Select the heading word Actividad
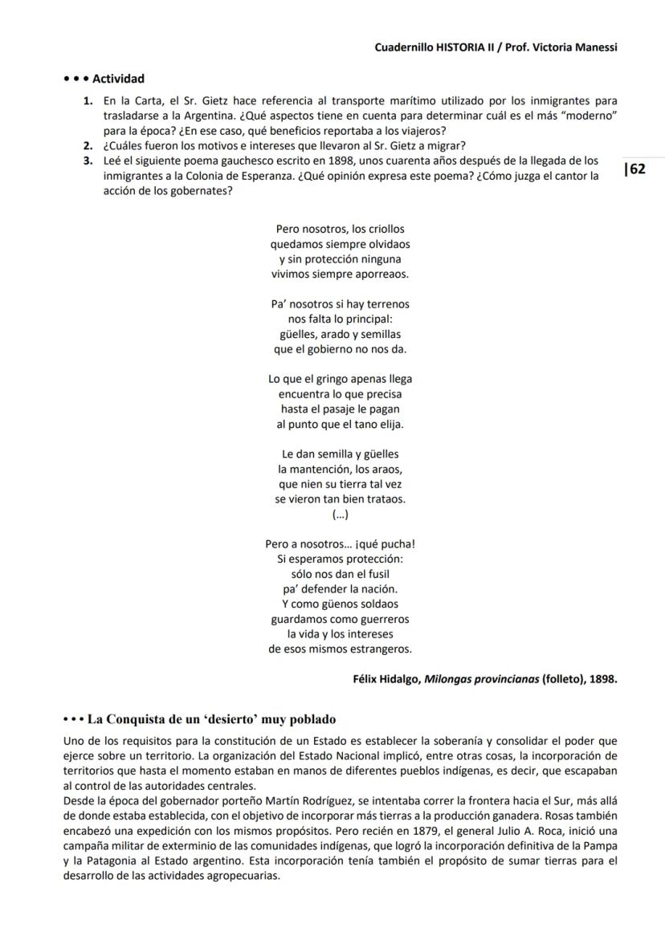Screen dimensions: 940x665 click(x=118, y=79)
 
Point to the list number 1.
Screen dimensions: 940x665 click(x=86, y=101)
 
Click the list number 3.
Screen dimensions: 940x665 click(x=86, y=161)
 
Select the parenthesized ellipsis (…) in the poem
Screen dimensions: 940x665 click(x=340, y=514)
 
